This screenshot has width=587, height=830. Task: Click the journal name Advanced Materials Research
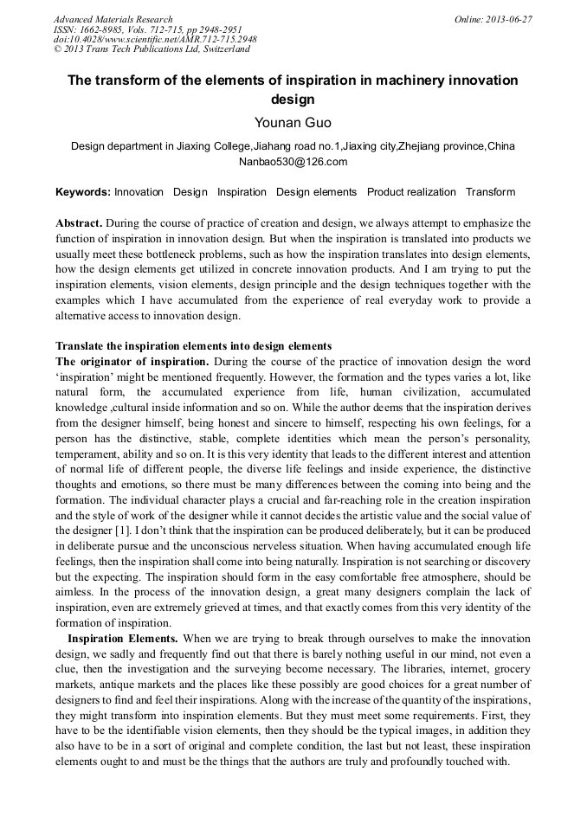tap(113, 19)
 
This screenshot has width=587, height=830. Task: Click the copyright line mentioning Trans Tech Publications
tap(152, 49)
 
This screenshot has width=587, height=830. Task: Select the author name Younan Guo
tap(293, 123)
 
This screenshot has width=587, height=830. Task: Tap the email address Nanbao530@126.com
tap(293, 162)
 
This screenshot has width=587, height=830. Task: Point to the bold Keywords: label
tap(82, 192)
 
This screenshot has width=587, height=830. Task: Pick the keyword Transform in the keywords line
tap(490, 192)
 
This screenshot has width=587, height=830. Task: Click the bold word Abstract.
tap(79, 223)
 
